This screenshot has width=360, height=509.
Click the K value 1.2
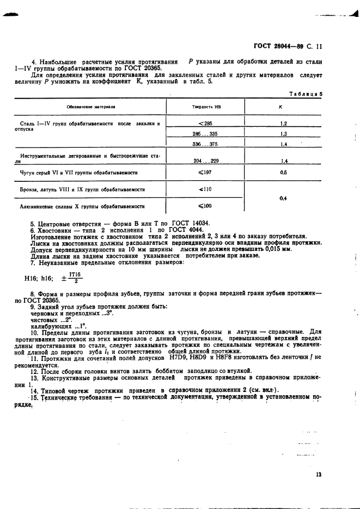pyautogui.click(x=284, y=124)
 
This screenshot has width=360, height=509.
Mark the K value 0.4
pyautogui.click(x=283, y=198)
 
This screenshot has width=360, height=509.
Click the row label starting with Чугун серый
pyautogui.click(x=78, y=173)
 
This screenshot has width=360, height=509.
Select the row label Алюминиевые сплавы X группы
pyautogui.click(x=82, y=206)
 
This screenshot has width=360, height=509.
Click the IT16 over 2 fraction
pyautogui.click(x=75, y=278)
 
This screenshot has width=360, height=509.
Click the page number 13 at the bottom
pyautogui.click(x=318, y=474)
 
